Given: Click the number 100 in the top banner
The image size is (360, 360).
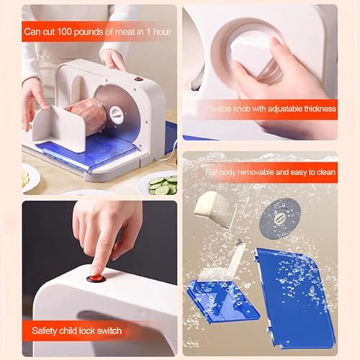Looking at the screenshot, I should (62, 32).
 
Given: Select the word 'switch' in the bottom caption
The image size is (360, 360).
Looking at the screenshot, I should (107, 330).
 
